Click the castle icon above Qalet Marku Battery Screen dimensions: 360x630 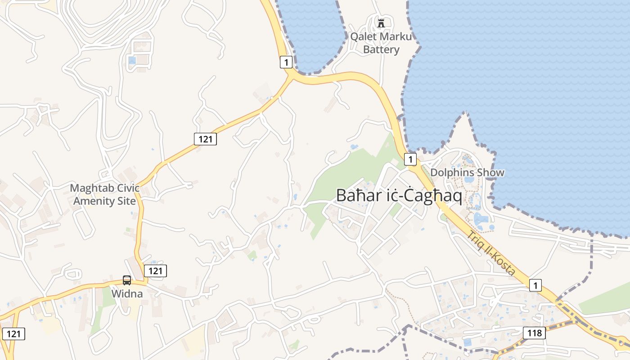pyautogui.click(x=381, y=23)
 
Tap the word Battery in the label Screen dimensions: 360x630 pyautogui.click(x=381, y=49)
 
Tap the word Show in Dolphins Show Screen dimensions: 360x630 pyautogui.click(x=492, y=172)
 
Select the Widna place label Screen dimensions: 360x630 pyautogui.click(x=127, y=294)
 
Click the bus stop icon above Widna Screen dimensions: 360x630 pyautogui.click(x=127, y=280)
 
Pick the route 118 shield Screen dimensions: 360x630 pyautogui.click(x=534, y=333)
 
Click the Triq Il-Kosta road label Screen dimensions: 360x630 pyautogui.click(x=490, y=253)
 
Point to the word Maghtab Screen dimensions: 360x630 pyautogui.click(x=91, y=188)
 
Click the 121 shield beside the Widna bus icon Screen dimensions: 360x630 pyautogui.click(x=155, y=270)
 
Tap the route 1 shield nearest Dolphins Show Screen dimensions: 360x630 pyautogui.click(x=410, y=159)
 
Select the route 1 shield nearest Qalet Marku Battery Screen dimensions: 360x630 pyautogui.click(x=286, y=62)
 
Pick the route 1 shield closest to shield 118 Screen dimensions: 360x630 pyautogui.click(x=535, y=285)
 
